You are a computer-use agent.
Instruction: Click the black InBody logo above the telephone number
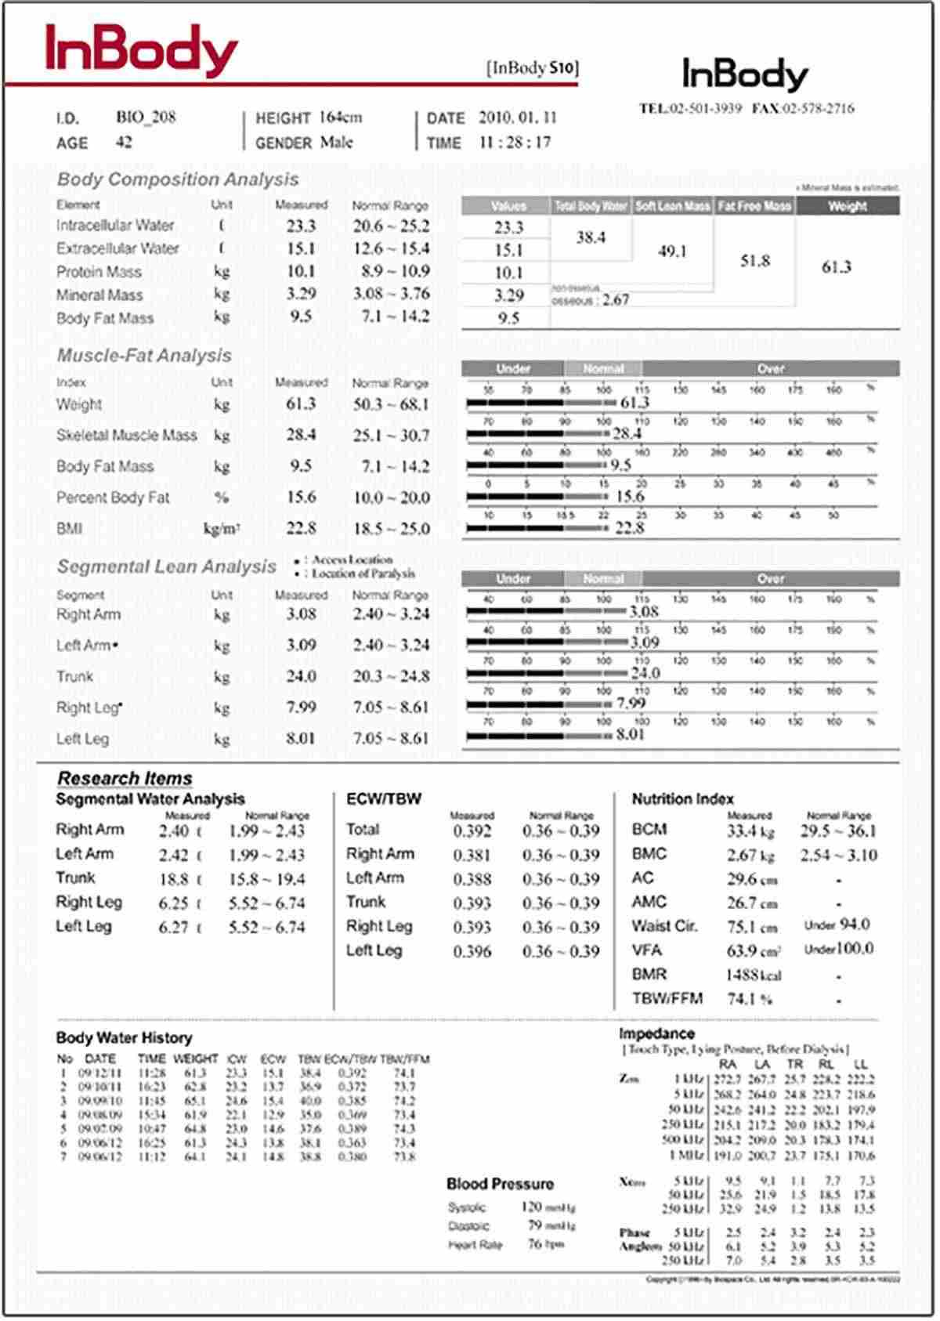745,75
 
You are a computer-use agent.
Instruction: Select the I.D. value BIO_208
146,118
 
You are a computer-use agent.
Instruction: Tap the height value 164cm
340,118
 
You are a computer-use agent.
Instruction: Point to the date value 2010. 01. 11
517,118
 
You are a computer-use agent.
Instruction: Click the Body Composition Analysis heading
178,179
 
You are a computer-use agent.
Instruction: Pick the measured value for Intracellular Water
301,226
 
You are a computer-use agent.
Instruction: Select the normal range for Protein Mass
391,272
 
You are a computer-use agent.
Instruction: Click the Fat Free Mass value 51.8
755,261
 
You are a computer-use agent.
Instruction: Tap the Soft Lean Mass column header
673,206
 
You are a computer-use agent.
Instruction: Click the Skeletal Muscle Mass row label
126,436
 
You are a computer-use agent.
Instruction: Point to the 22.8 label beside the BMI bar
629,528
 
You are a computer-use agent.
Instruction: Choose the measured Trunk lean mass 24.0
301,676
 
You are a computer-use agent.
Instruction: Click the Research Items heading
125,778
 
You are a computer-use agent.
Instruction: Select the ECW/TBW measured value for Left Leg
472,952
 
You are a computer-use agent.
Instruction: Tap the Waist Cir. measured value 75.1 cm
751,927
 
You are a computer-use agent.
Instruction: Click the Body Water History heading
124,1038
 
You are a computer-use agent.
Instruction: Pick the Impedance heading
656,1033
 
